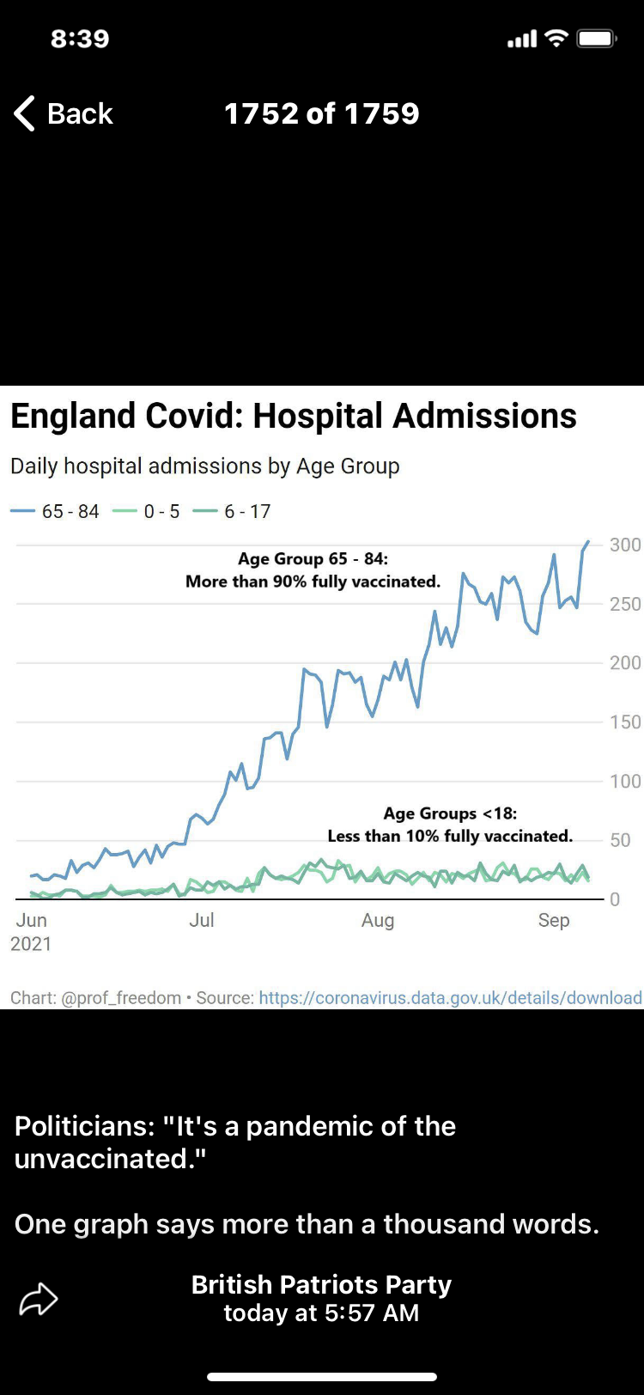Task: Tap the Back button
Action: [64, 113]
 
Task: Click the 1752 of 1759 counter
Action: [321, 113]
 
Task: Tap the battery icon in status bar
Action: [596, 39]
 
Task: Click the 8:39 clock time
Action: [80, 39]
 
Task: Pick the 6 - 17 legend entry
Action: [233, 512]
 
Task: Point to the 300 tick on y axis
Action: [625, 545]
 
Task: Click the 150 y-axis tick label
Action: [625, 722]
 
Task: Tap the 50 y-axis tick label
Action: [620, 840]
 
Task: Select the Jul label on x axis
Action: [202, 920]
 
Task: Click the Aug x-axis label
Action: [378, 921]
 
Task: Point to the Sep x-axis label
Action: [554, 920]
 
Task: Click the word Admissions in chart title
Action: [485, 416]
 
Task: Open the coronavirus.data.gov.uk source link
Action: [450, 997]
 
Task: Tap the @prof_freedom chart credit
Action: [121, 997]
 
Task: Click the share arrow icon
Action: [39, 1299]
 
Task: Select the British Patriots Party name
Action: [321, 1284]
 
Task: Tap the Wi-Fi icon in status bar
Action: [557, 39]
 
